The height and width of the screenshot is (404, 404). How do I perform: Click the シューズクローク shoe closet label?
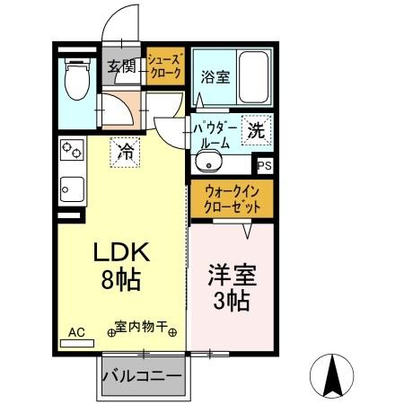click(x=166, y=66)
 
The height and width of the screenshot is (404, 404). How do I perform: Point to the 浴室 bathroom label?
click(x=215, y=76)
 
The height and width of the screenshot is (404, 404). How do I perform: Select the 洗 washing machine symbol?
click(x=255, y=128)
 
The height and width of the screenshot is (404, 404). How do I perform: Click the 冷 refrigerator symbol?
click(x=127, y=150)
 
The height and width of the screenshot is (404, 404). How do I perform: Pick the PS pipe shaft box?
click(x=263, y=165)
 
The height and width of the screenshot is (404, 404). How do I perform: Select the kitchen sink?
click(x=73, y=189)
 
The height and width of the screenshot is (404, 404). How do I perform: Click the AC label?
click(x=76, y=332)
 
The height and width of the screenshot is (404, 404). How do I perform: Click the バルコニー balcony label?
click(x=143, y=375)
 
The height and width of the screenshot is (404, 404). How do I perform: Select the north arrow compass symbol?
click(x=335, y=375)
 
